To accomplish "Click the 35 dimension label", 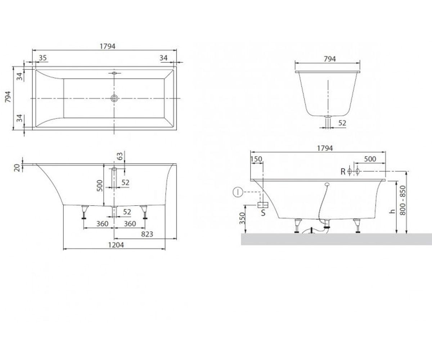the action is [x=42, y=58].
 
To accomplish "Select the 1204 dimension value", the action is [x=116, y=245].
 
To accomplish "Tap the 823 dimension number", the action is [x=147, y=234].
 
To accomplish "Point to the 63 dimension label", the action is [x=120, y=156].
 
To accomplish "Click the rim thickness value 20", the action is [x=18, y=168].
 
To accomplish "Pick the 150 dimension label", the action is [x=256, y=159].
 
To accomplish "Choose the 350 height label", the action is [x=242, y=218].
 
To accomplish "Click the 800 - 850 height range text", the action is [x=402, y=201].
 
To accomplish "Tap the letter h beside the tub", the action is [x=392, y=211].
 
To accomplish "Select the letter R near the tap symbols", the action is [x=343, y=171].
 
